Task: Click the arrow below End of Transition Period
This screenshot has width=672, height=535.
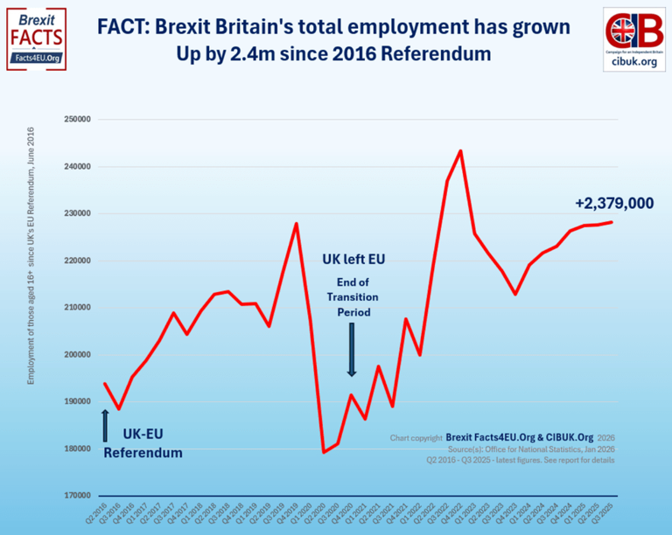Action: click(x=352, y=350)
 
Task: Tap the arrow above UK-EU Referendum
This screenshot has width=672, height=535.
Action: click(x=105, y=425)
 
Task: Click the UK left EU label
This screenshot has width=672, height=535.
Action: click(x=353, y=260)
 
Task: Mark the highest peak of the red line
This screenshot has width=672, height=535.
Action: click(x=460, y=150)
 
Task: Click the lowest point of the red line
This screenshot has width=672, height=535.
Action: click(x=324, y=452)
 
